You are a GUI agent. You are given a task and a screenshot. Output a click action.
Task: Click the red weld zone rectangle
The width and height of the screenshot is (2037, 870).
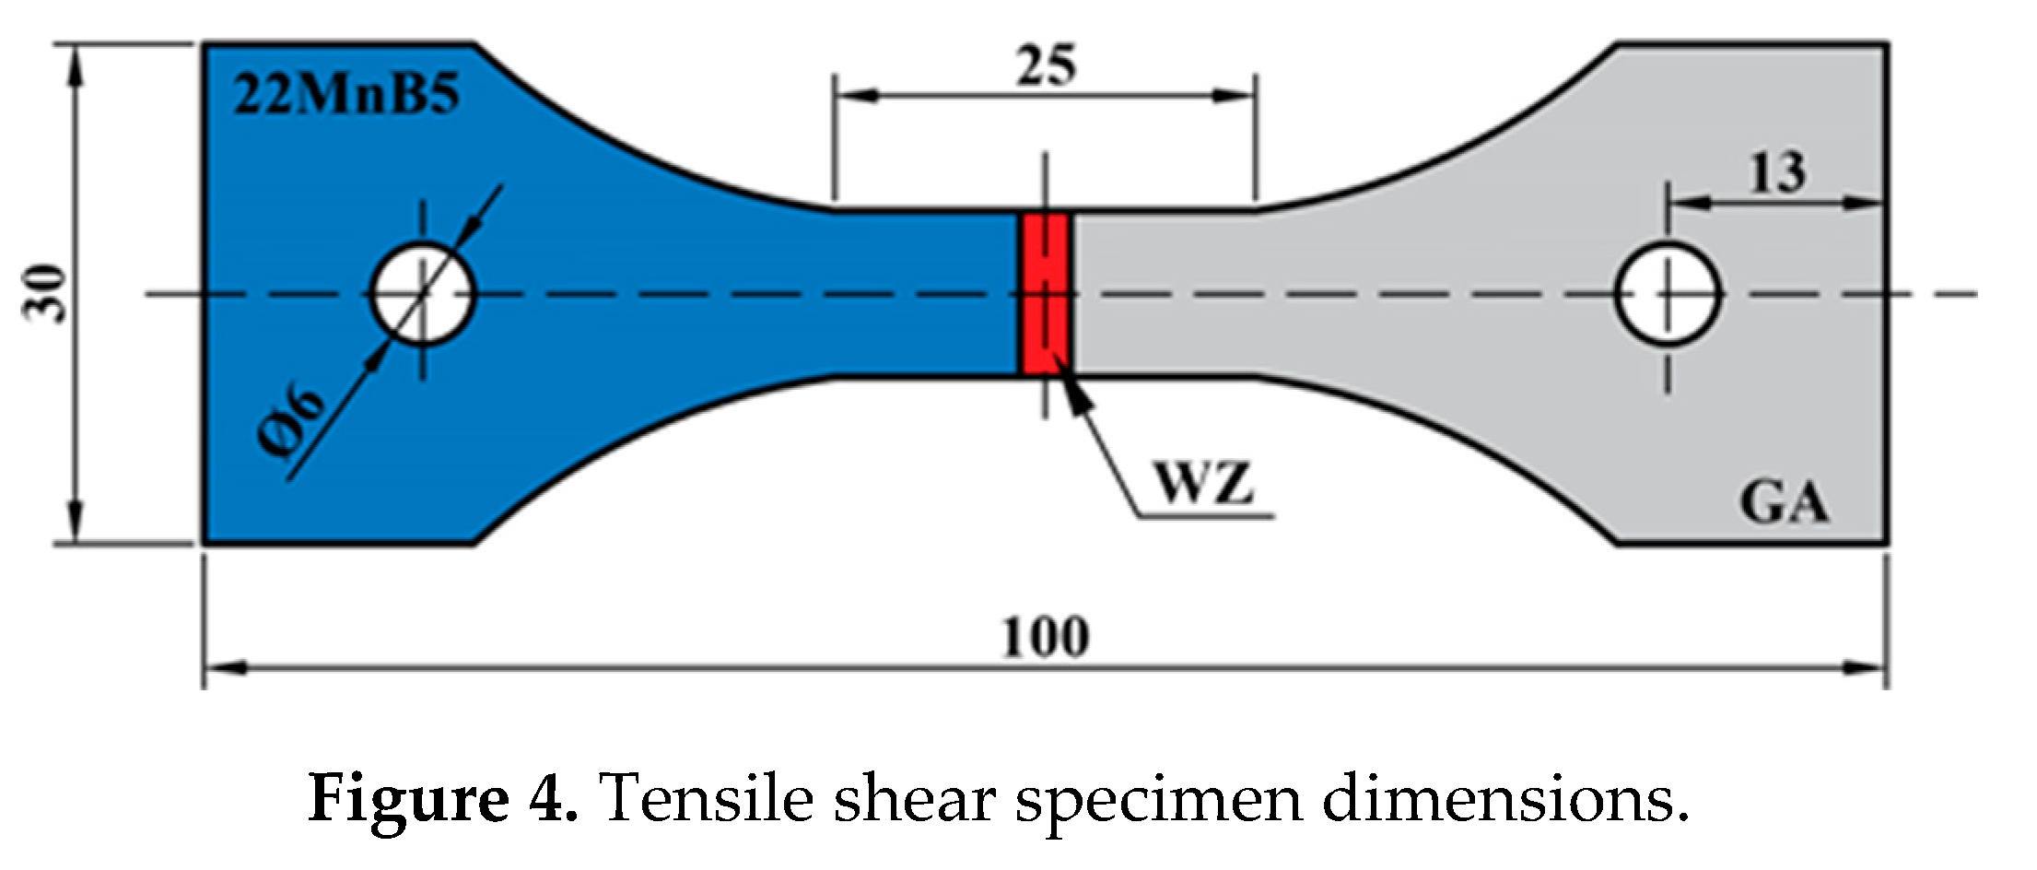[1045, 294]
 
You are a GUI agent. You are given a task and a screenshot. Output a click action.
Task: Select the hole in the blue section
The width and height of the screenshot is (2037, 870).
[423, 294]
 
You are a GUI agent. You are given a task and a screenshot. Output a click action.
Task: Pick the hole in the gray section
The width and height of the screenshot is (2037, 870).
[1667, 294]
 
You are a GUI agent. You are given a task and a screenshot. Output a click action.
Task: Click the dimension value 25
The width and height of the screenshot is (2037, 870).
[1046, 65]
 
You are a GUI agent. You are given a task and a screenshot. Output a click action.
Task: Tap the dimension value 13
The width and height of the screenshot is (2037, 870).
[1776, 172]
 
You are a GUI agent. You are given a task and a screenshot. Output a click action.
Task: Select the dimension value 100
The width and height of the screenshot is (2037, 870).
[1045, 636]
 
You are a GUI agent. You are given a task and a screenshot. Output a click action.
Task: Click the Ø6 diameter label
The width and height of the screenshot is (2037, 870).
[293, 422]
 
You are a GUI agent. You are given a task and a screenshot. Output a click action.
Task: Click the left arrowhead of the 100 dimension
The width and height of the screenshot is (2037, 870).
[221, 669]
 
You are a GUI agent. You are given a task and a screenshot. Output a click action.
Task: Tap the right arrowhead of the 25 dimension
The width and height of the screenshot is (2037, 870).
[1239, 94]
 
